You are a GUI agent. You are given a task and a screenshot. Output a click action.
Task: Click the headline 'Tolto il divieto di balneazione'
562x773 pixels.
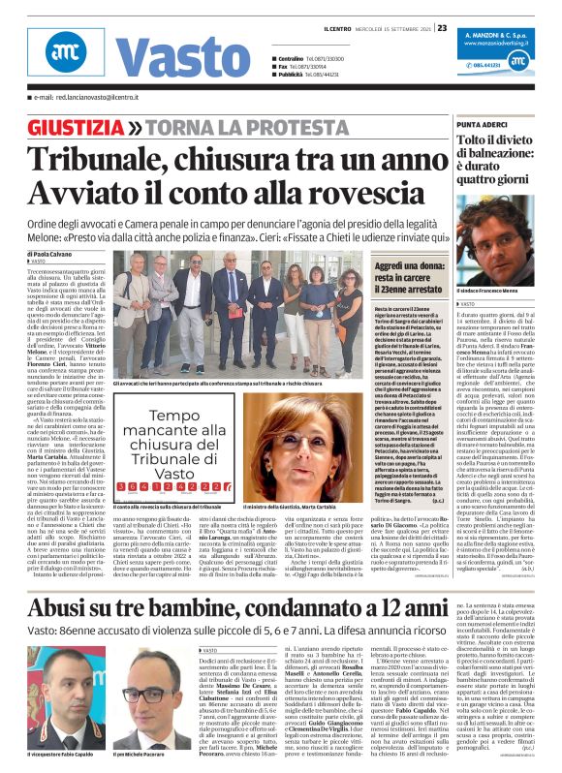500,154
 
